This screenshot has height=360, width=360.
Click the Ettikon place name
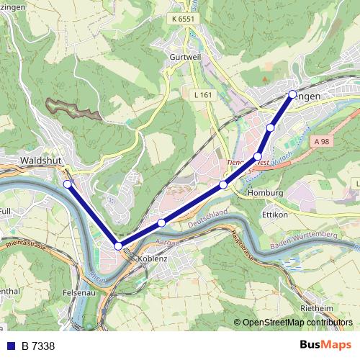[275, 215]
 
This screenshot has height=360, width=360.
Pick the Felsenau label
[79, 294]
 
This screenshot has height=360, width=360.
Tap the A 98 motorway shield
[322, 143]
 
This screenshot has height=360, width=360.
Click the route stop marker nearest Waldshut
[68, 184]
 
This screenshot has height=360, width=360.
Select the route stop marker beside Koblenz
[118, 246]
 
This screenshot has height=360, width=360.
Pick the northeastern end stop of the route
[292, 94]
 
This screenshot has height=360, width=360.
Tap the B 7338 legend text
[38, 346]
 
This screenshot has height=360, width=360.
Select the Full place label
[5, 212]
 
